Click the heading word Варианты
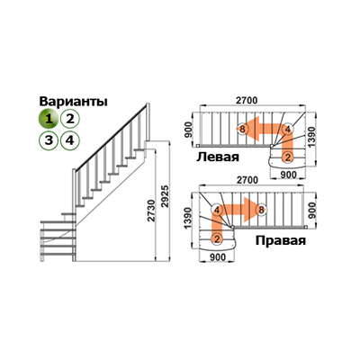(74, 102)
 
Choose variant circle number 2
(69, 119)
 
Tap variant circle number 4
(69, 139)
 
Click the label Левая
(218, 157)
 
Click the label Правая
(281, 240)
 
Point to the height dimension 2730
(152, 211)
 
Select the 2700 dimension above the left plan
(247, 101)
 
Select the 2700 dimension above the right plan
(247, 180)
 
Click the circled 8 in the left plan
(242, 130)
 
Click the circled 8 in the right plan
(261, 210)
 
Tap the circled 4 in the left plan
(287, 130)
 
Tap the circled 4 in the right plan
(217, 210)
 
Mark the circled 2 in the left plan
(288, 157)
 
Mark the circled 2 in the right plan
(217, 239)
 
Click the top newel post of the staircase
(148, 122)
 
